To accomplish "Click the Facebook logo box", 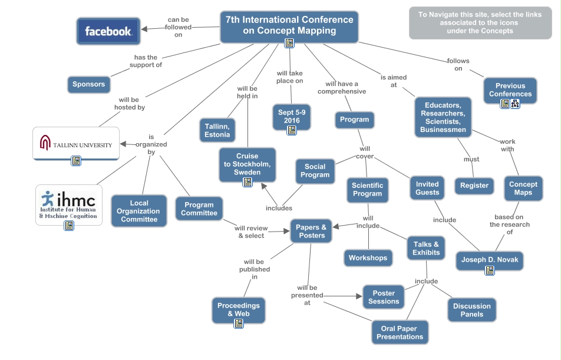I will click(x=108, y=31).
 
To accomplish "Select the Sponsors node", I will click(x=88, y=84).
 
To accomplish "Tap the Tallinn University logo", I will click(x=76, y=144).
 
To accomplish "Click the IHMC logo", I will click(x=69, y=202).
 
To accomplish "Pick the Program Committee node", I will click(x=199, y=209).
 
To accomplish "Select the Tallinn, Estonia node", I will click(x=217, y=129).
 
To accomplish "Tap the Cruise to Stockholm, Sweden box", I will click(x=247, y=164).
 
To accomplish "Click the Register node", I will click(x=474, y=186).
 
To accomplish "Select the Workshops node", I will click(x=368, y=258).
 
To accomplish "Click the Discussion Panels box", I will click(x=472, y=310).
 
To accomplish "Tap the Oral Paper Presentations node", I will click(x=400, y=333).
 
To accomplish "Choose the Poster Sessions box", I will click(x=384, y=297).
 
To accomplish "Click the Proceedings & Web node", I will click(x=238, y=309).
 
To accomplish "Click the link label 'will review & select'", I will click(x=250, y=232).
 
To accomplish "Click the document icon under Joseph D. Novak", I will click(x=489, y=270).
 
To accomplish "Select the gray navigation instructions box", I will click(x=480, y=23).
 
